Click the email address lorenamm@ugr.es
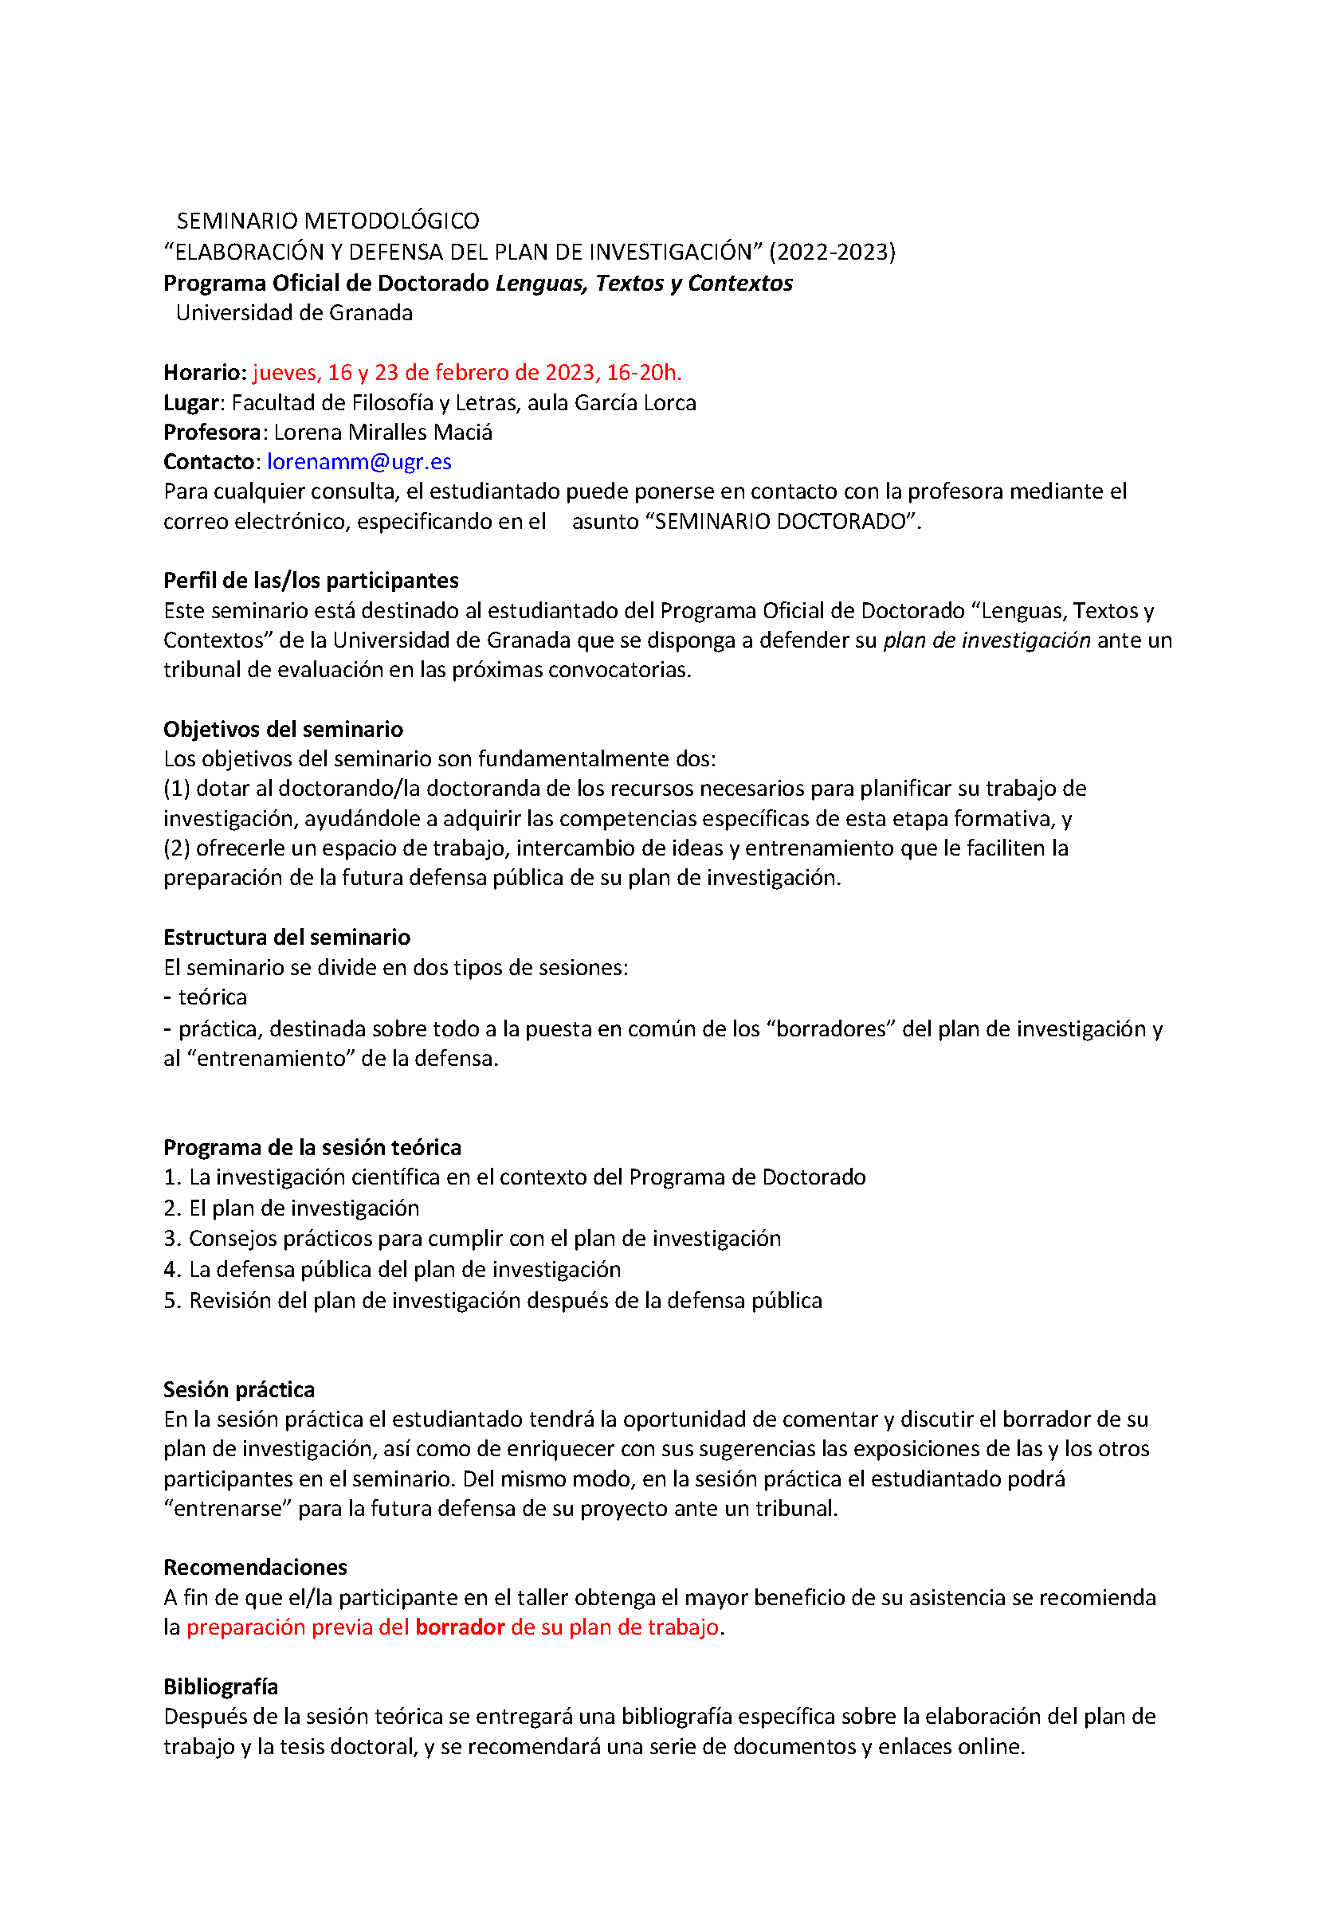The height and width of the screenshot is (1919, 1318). point(359,461)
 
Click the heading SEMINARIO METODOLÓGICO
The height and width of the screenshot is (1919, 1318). point(328,221)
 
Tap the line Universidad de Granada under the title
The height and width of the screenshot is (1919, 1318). point(294,313)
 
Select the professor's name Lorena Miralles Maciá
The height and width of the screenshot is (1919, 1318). point(383,433)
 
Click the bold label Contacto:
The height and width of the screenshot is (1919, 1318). point(211,461)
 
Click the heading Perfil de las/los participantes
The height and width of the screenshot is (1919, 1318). point(311,581)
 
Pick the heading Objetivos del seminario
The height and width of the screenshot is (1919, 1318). point(283,729)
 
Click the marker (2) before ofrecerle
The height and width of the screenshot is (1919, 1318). point(177,848)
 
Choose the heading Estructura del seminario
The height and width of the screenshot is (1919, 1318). point(287,938)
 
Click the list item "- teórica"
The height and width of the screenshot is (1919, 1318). point(206,997)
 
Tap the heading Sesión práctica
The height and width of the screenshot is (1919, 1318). point(239,1389)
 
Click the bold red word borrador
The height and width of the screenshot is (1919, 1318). point(460,1627)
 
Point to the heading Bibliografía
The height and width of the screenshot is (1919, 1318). point(221,1686)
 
